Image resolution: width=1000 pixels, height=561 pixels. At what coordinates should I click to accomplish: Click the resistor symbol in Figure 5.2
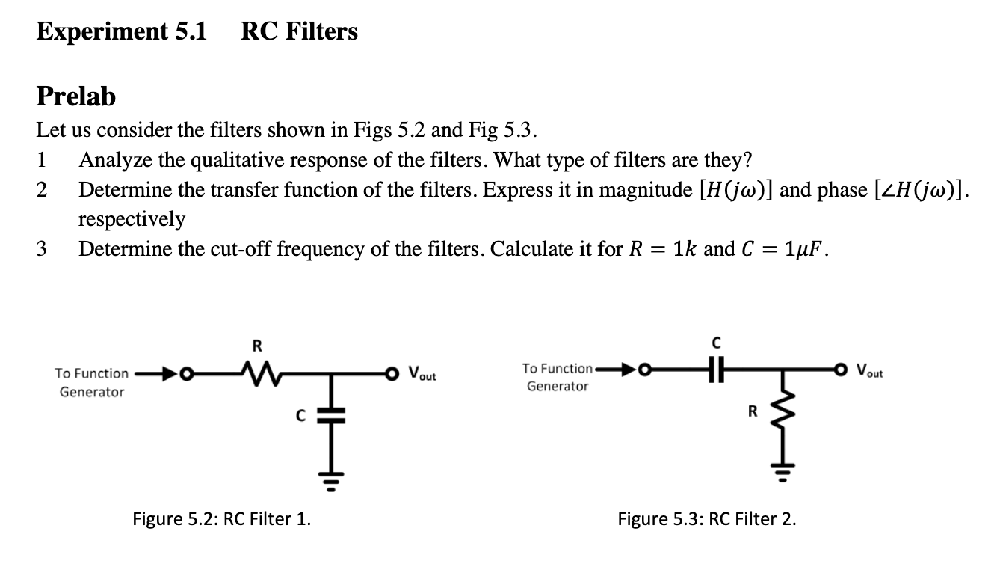pyautogui.click(x=257, y=372)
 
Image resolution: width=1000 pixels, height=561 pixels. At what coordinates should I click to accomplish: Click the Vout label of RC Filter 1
pyautogui.click(x=423, y=374)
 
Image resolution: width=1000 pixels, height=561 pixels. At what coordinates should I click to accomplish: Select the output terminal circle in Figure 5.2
pyautogui.click(x=389, y=373)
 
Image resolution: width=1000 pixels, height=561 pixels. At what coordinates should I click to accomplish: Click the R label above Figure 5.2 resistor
pyautogui.click(x=256, y=346)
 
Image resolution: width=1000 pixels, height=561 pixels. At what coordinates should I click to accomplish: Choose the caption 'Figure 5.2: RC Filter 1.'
pyautogui.click(x=222, y=518)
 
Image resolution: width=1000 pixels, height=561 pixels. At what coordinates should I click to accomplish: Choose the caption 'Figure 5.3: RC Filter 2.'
pyautogui.click(x=706, y=518)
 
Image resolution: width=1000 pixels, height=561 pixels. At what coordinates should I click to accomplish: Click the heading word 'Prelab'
pyautogui.click(x=77, y=96)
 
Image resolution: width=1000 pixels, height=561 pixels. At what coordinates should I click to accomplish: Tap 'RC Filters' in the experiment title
pyautogui.click(x=299, y=31)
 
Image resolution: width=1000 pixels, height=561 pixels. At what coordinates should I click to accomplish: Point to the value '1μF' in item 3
pyautogui.click(x=806, y=249)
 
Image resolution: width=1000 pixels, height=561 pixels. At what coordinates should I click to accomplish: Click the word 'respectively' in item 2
pyautogui.click(x=132, y=219)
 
